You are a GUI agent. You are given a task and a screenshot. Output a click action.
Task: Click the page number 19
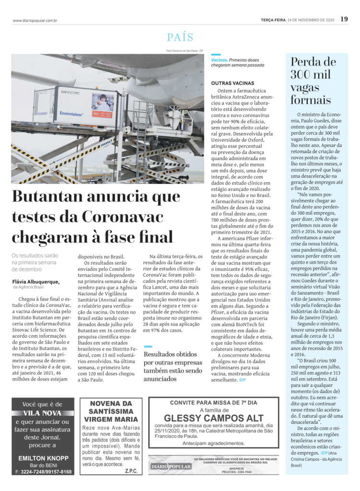coord(344,19)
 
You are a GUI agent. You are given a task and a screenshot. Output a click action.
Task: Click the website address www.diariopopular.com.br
coord(35,20)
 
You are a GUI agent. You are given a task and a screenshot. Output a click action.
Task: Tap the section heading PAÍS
coord(180,37)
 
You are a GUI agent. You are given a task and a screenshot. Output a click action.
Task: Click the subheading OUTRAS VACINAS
coord(232,83)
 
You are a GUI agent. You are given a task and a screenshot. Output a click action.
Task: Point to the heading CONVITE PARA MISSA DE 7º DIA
coord(213,402)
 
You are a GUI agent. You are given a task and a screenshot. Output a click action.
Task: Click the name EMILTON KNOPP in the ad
coord(43,457)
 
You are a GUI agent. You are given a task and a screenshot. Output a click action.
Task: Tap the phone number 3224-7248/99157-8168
coord(44,472)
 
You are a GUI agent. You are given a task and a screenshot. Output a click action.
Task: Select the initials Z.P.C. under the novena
coord(129,471)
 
